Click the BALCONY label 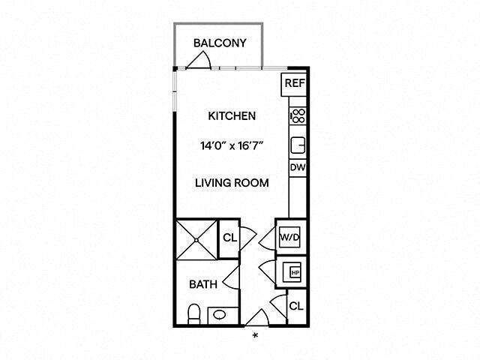(219, 43)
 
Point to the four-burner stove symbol (297, 115)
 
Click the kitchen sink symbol (297, 144)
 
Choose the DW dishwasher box (297, 168)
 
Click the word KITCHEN (232, 116)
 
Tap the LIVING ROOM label (232, 182)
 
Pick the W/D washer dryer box (289, 238)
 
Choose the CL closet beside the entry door (295, 306)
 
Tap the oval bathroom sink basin (219, 315)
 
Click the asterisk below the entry (256, 334)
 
